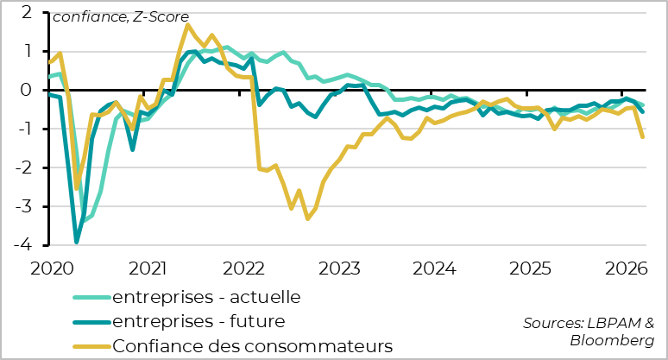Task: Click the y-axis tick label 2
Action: [x=27, y=12]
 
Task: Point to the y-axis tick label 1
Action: [x=27, y=51]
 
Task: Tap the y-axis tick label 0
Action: [x=27, y=90]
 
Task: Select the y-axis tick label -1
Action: [x=24, y=129]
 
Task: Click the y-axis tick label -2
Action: [x=24, y=167]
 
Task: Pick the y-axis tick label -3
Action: [x=24, y=206]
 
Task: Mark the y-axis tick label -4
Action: [x=24, y=245]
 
